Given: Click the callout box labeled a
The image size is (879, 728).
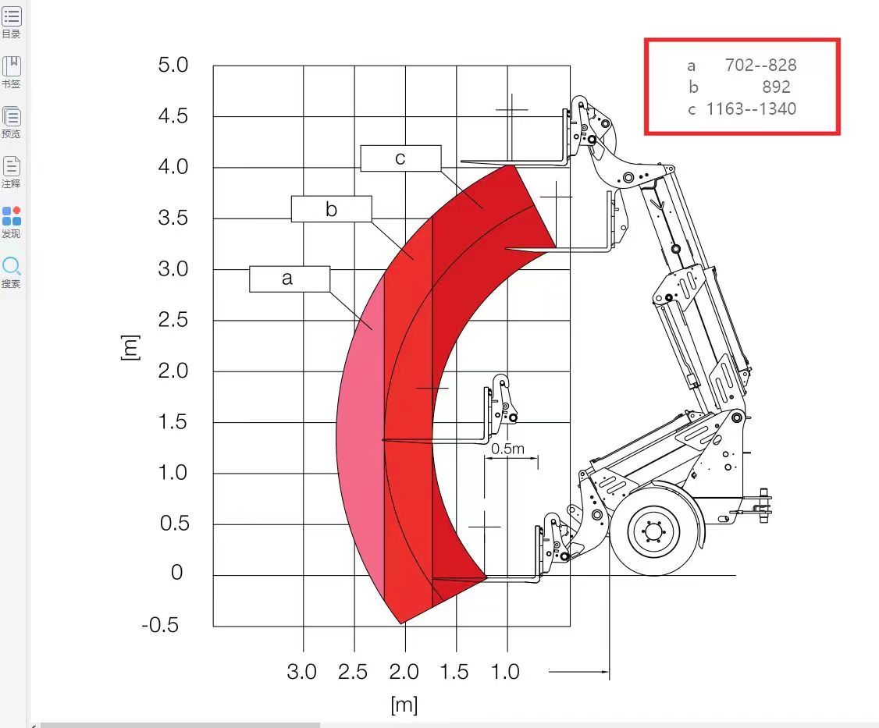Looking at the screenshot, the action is pos(290,279).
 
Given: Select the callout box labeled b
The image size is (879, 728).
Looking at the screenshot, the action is pos(331,209).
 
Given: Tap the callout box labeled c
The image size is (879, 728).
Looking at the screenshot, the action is pos(400,158).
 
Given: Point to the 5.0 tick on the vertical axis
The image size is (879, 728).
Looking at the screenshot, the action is pos(173,65).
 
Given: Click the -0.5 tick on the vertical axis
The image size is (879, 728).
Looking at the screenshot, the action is pos(160,625).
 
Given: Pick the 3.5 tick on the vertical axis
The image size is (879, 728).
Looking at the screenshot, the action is pos(173,218).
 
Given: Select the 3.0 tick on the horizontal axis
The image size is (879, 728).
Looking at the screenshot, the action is pos(301,671).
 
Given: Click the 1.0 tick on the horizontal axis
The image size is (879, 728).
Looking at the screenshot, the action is pos(505,671).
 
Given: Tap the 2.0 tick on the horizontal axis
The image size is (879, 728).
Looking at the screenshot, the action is pos(404,671).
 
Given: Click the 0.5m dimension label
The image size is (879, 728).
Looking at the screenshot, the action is pos(508,449).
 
